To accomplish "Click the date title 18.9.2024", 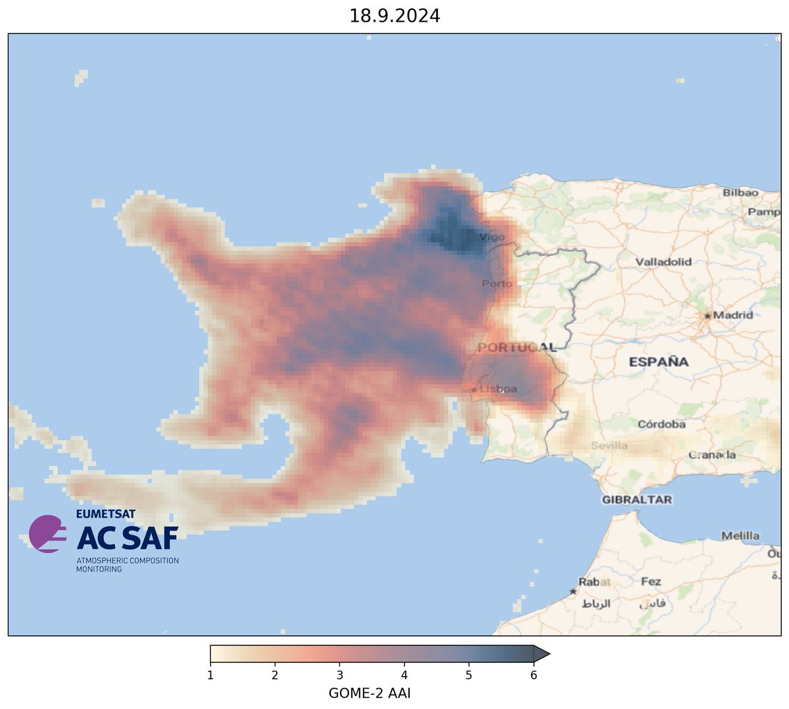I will (x=394, y=16).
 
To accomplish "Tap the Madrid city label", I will (x=733, y=315).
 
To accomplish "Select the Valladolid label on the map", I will (x=663, y=262).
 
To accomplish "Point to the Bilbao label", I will (x=740, y=193).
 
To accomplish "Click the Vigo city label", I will (x=492, y=237).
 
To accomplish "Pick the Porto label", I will (x=496, y=283).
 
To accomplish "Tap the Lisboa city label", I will (x=498, y=389).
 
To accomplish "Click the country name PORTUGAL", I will (x=517, y=347).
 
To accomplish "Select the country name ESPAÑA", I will (x=659, y=362).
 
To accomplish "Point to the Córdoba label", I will (x=661, y=424).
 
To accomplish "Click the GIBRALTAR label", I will (x=637, y=500).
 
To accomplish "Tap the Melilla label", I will (x=740, y=536).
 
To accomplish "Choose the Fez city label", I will (x=651, y=582).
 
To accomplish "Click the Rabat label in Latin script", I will (x=594, y=582).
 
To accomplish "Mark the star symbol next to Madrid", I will (x=707, y=316).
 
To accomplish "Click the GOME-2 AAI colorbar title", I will (x=370, y=693).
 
